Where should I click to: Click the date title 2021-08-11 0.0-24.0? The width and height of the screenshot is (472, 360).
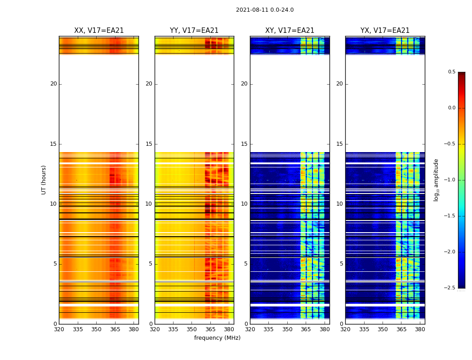(265, 10)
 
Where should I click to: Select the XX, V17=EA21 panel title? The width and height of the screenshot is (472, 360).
(99, 31)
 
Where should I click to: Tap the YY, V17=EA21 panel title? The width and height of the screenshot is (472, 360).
(194, 31)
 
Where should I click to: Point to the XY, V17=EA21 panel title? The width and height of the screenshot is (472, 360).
(289, 31)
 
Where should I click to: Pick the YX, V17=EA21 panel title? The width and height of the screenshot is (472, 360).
(385, 31)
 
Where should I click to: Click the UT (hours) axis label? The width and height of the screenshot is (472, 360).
(44, 180)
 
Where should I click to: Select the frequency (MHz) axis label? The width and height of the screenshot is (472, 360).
(217, 338)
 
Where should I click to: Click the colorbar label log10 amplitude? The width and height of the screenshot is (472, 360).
(436, 180)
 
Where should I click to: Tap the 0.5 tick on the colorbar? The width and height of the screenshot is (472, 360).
(451, 72)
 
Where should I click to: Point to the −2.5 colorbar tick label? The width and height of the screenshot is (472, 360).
(450, 288)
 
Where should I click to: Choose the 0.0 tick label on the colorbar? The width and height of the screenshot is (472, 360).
(451, 108)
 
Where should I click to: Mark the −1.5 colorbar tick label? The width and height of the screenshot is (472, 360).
(450, 216)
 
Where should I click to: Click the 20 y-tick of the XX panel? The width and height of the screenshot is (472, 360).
(53, 84)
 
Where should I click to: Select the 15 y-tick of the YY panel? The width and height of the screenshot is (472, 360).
(149, 144)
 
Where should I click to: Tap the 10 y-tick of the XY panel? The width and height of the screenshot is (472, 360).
(244, 204)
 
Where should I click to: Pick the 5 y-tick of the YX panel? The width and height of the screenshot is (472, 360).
(341, 264)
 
